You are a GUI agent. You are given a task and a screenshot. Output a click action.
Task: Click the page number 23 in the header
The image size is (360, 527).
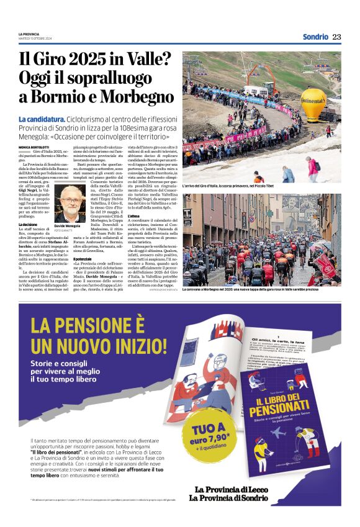tap(337, 37)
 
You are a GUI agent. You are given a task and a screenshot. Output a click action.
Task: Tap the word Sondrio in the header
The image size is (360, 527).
tap(315, 37)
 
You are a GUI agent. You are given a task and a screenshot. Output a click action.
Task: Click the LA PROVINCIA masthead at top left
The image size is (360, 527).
tap(29, 34)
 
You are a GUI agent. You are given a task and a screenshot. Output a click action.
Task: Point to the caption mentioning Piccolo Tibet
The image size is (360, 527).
tap(230, 186)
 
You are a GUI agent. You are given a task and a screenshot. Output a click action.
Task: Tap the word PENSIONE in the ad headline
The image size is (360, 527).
tap(96, 325)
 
